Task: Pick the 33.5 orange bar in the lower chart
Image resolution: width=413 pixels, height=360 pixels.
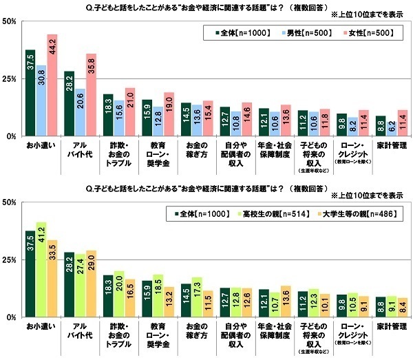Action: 52,279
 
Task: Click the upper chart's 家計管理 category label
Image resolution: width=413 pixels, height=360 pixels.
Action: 390,147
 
